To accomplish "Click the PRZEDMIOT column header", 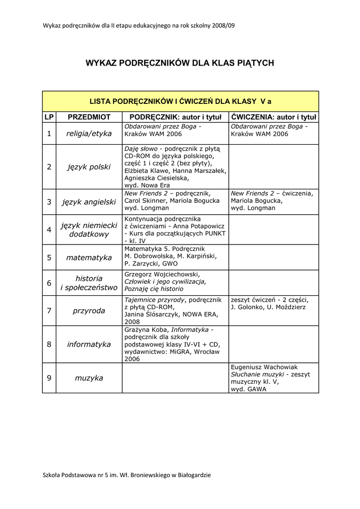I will click(x=89, y=117).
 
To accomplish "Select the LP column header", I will click(x=49, y=117).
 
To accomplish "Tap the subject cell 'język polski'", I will click(x=89, y=167).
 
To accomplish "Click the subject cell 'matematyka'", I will click(x=89, y=257).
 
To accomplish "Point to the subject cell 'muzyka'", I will click(x=89, y=378).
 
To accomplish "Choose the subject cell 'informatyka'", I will click(x=89, y=344).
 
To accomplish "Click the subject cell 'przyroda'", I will click(x=89, y=311).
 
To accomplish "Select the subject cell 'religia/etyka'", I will click(x=89, y=134).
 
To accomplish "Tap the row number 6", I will click(x=49, y=283).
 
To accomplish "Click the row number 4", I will click(x=49, y=230).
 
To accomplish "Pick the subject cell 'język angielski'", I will click(x=89, y=202).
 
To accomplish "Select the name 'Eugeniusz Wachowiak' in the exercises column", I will click(x=264, y=367).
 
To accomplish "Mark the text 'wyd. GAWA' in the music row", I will click(x=248, y=389).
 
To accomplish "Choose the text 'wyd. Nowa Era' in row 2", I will click(x=147, y=185).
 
